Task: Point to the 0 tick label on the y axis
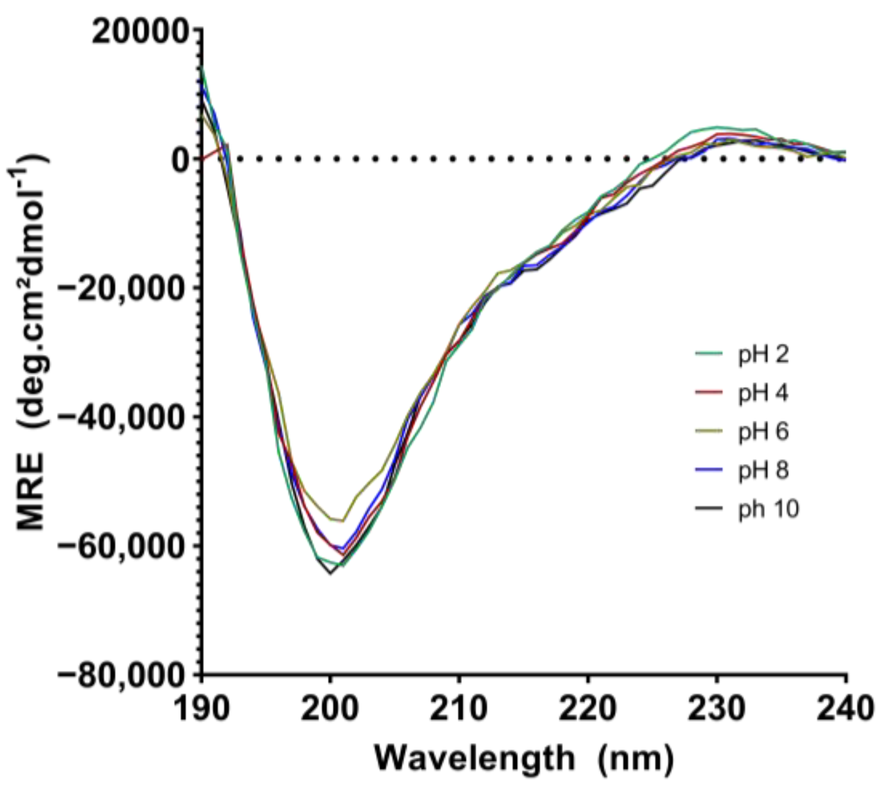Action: [x=181, y=160]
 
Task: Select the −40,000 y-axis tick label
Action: [x=123, y=417]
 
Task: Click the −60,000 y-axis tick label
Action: [x=123, y=547]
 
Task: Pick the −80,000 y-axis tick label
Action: [x=123, y=676]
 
